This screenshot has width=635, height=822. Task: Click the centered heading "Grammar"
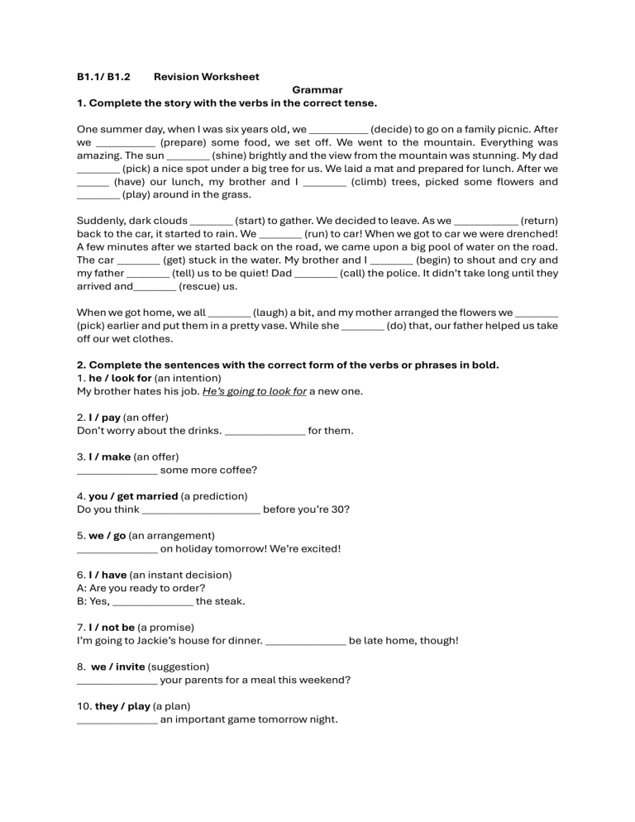pos(317,90)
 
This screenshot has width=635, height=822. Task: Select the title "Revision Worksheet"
pos(206,77)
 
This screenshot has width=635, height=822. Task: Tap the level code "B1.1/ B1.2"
pos(103,77)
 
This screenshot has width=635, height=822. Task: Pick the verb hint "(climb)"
pos(372,182)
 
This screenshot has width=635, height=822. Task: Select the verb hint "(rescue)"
pos(201,286)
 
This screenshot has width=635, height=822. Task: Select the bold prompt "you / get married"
pos(133,496)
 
